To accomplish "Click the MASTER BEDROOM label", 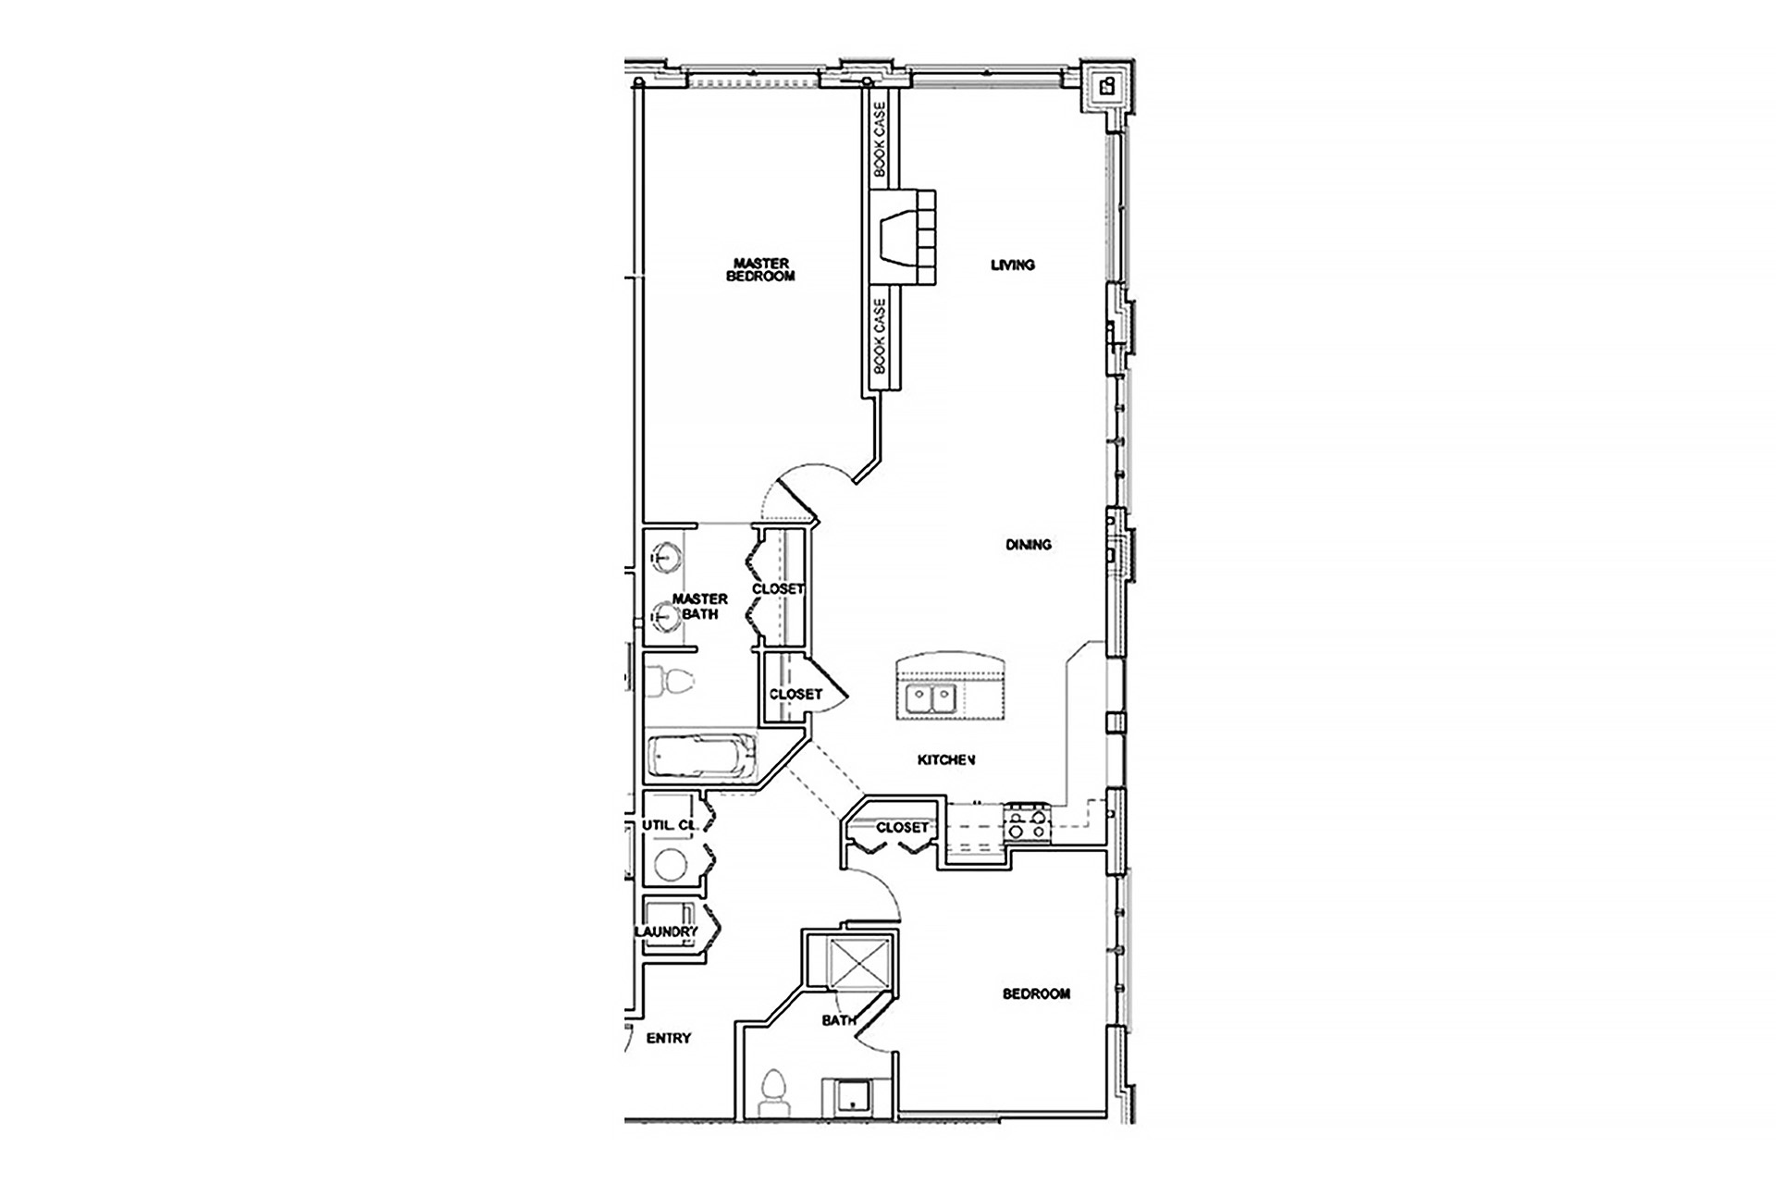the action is coord(760,269).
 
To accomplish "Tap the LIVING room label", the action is coord(1013,265).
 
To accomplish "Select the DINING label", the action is coord(1029,545).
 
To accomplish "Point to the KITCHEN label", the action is coord(946,760).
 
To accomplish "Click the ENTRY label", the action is coord(669,1038).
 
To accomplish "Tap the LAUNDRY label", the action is coord(666,931).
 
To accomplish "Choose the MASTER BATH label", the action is coord(699,606).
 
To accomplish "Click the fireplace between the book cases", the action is coord(903,240).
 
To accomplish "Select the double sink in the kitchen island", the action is coord(931,698).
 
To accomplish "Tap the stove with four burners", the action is coord(1029,822).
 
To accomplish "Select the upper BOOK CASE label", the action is coord(880,139).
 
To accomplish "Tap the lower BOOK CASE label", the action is coord(880,335).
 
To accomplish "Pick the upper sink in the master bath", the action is coord(665,557).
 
